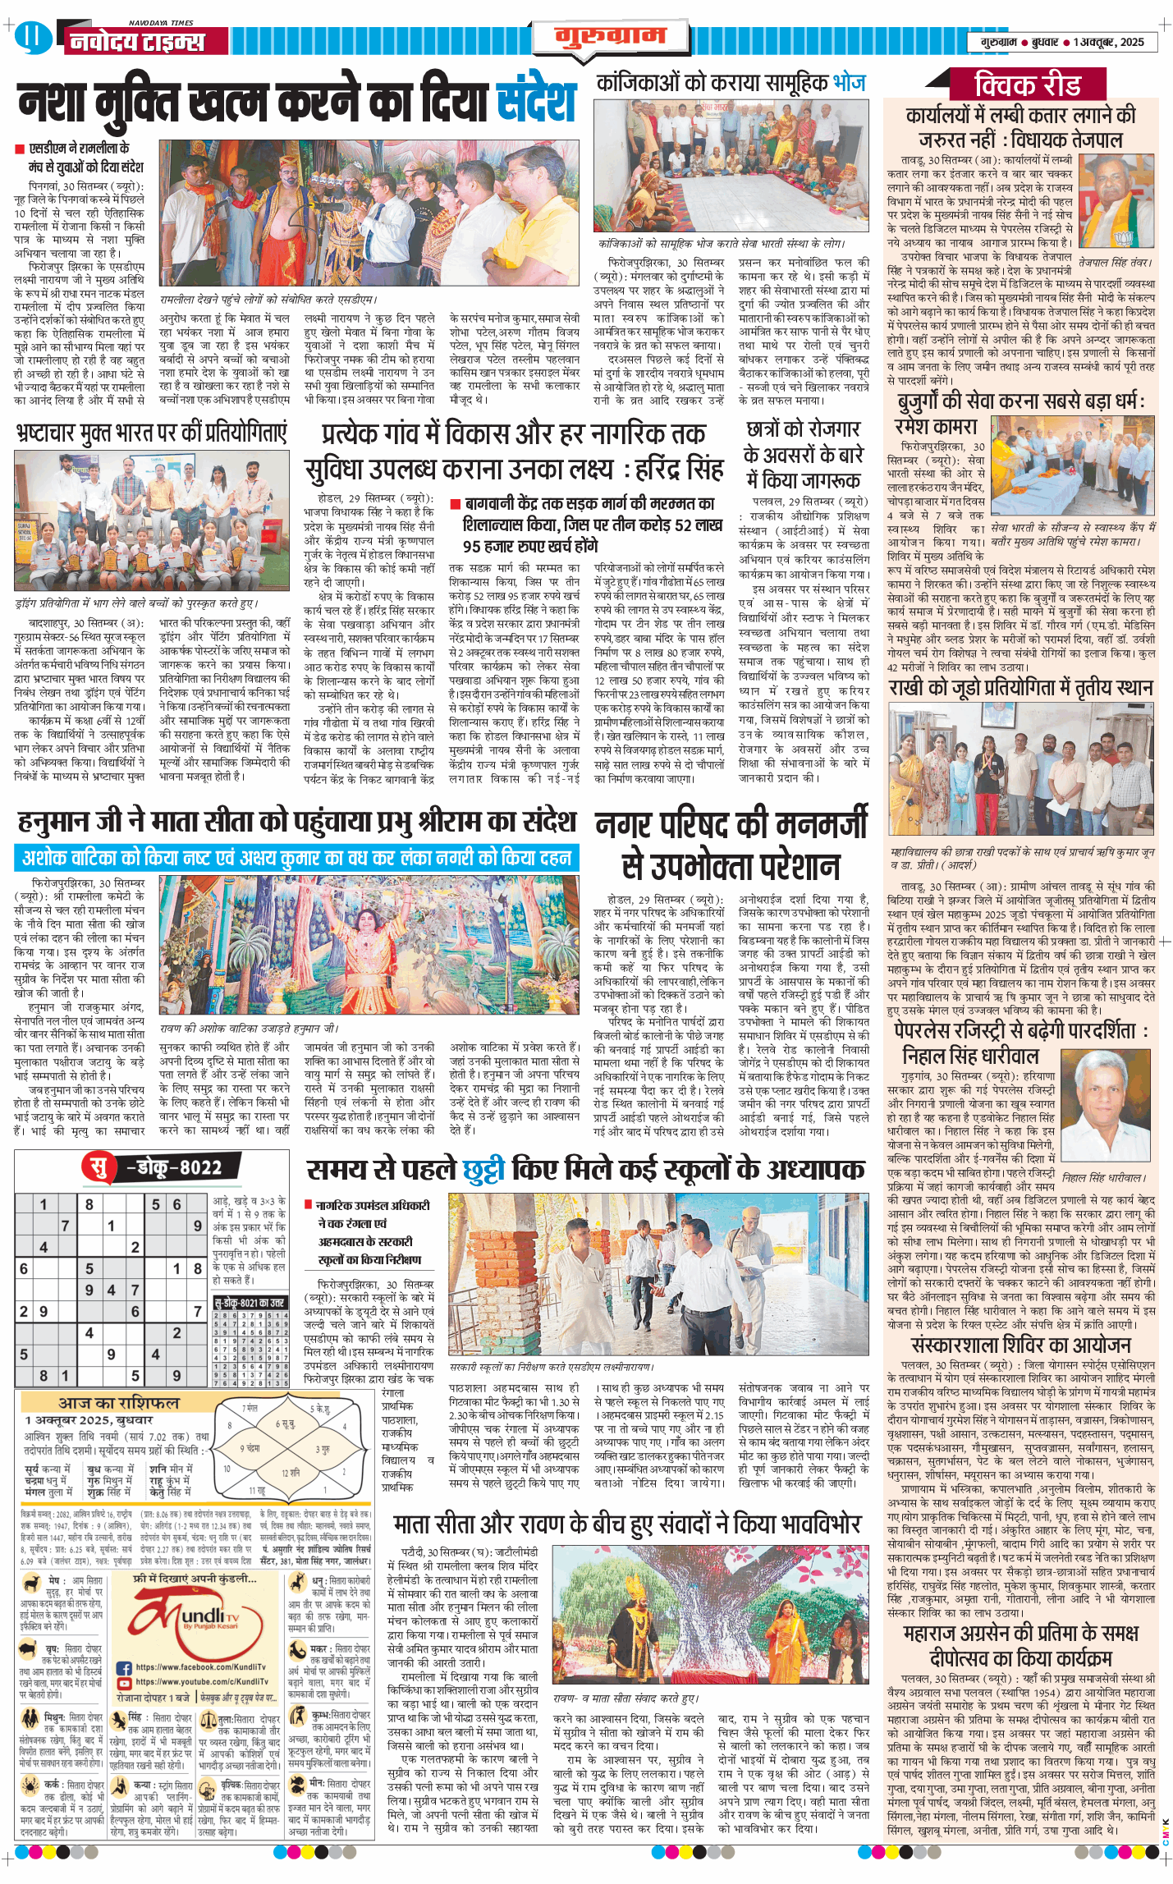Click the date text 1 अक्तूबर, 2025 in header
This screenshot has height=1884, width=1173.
point(1108,42)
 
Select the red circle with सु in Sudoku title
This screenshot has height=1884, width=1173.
point(98,1167)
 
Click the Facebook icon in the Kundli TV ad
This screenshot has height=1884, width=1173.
point(124,1667)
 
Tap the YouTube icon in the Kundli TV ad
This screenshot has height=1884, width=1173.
point(124,1682)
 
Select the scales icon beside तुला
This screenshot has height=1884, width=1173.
point(208,1719)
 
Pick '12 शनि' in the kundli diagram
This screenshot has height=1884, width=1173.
point(290,1472)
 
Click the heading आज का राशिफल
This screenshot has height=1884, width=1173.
point(118,1402)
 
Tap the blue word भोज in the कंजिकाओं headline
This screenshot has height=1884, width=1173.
point(849,82)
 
